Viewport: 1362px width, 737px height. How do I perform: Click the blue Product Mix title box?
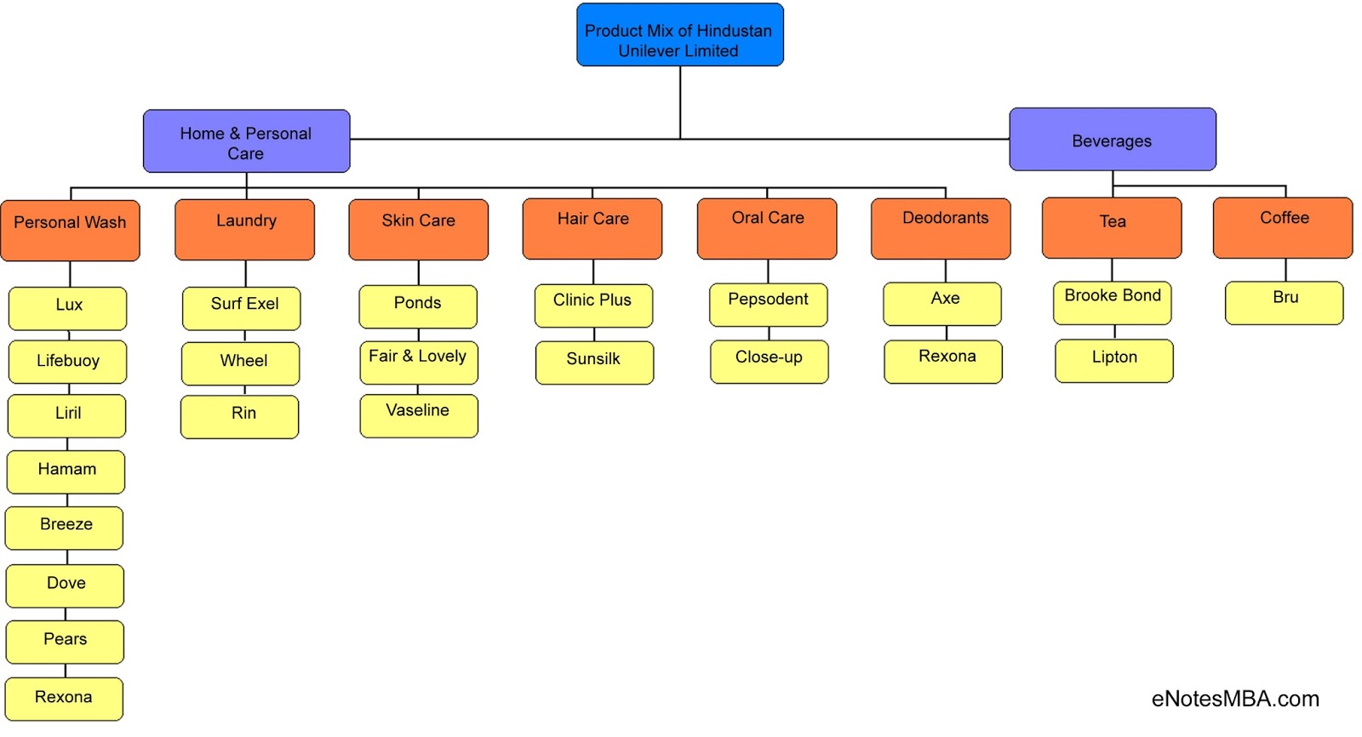point(679,35)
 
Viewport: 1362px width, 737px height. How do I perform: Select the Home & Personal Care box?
point(246,141)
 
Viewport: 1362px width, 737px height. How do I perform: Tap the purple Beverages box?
point(1112,140)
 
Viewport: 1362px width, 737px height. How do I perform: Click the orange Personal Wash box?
point(70,231)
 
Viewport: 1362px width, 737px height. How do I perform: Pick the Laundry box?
point(244,230)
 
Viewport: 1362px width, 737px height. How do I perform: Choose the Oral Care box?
point(766,229)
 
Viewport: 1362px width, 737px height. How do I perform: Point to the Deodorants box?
point(941,229)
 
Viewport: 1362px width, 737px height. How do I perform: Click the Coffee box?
point(1282,228)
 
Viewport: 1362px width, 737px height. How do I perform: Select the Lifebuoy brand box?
point(67,362)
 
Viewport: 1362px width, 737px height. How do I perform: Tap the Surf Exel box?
point(241,308)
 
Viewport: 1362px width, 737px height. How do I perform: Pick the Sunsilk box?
point(594,363)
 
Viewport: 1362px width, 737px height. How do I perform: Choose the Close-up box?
point(769,362)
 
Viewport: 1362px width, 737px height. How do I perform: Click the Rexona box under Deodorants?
point(943,362)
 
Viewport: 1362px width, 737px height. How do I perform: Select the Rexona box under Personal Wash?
point(64,699)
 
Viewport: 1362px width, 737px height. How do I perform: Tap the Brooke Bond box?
point(1112,303)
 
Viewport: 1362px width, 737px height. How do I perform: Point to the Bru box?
point(1284,303)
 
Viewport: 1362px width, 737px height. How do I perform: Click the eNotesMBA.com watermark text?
point(1234,699)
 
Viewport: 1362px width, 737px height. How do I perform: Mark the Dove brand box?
point(65,586)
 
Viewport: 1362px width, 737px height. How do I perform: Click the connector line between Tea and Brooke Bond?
point(1112,270)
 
